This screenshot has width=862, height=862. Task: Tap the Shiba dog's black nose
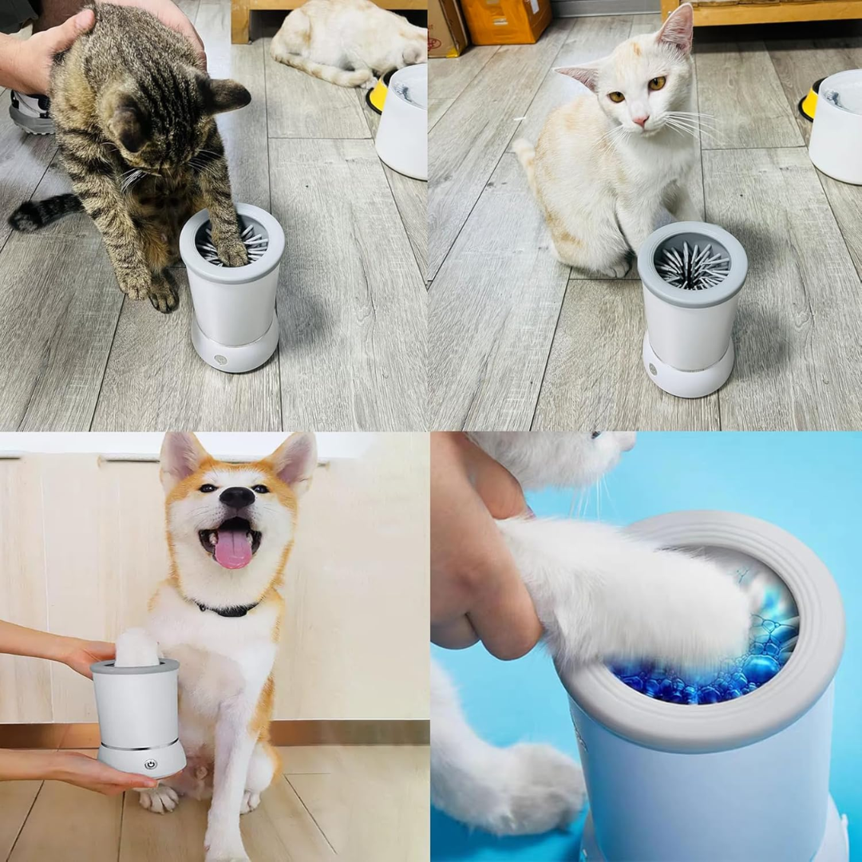click(236, 498)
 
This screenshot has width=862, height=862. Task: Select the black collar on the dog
click(227, 609)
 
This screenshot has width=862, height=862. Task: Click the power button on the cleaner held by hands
click(149, 763)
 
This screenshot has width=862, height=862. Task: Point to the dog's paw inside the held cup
click(137, 648)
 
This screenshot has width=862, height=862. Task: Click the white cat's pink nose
click(640, 121)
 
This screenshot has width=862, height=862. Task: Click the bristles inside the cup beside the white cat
click(692, 265)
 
